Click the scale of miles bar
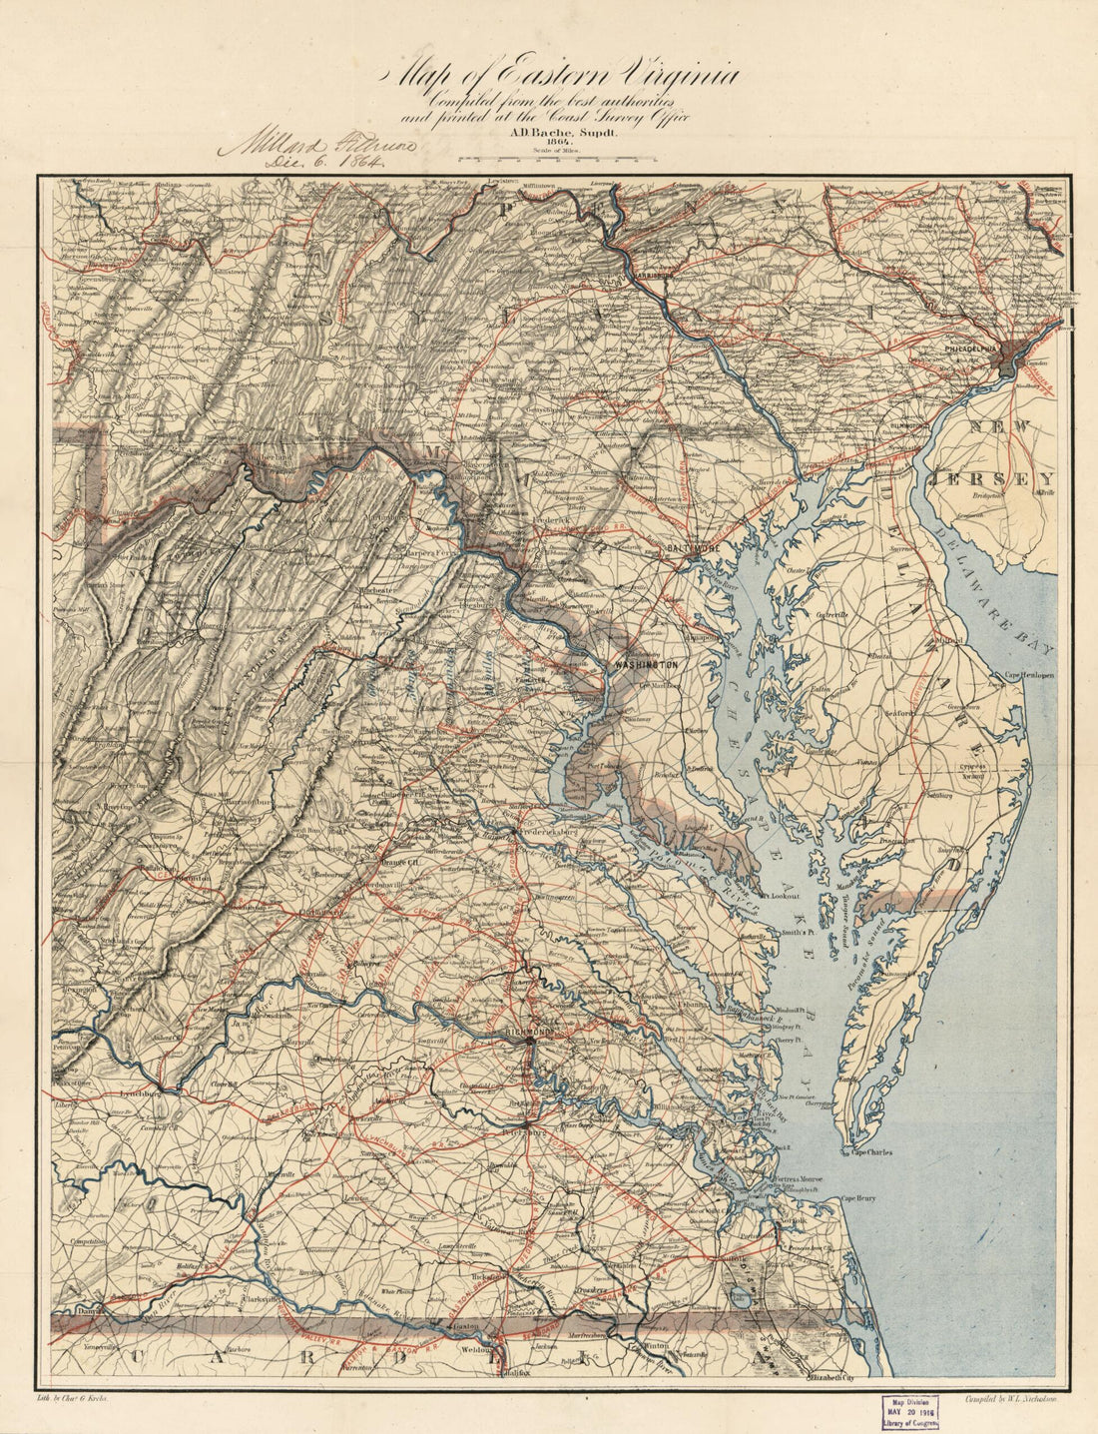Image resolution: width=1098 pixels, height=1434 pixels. point(557,158)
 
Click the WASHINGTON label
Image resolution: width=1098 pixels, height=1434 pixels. point(646,664)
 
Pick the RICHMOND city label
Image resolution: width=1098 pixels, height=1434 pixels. point(529,1032)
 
